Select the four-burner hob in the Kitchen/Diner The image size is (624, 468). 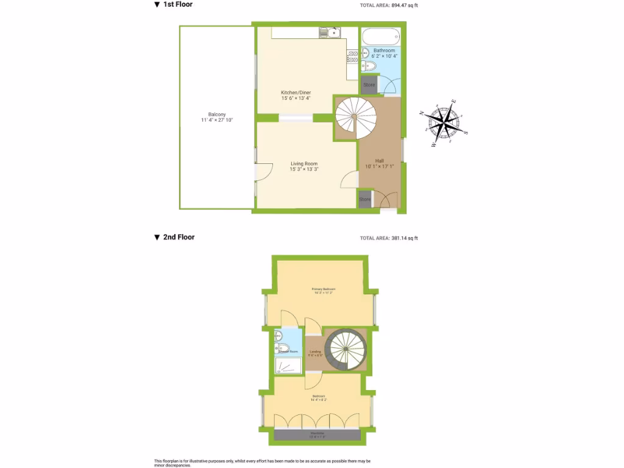point(352,57)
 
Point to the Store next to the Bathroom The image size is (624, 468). point(369,85)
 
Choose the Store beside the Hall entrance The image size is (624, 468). point(364,199)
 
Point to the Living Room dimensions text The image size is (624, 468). point(303,169)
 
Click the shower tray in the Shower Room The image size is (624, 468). point(288,365)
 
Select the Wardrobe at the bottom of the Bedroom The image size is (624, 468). point(317,434)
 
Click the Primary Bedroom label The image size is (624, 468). point(324,289)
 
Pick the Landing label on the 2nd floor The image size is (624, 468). point(315,352)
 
